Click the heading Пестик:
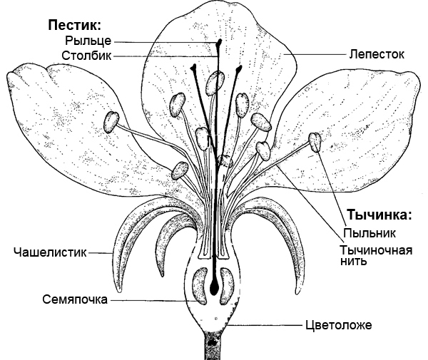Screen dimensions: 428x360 point(74,25)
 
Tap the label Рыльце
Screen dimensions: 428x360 point(88,41)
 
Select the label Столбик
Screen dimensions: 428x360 point(86,56)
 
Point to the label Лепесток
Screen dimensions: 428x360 point(377,54)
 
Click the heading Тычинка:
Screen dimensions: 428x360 point(379,215)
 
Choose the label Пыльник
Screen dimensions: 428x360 point(370,233)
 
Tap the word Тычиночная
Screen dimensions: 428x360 point(376,250)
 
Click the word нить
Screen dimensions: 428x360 point(354,261)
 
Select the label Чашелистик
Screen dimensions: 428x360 point(50,252)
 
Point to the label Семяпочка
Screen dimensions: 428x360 point(75,299)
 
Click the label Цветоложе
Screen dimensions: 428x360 point(338,325)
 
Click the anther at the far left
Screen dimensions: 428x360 point(111,122)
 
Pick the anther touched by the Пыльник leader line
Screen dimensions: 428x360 point(315,142)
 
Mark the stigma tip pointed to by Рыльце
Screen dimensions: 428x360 point(219,43)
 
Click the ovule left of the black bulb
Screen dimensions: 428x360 point(200,286)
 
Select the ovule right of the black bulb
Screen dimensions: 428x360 point(227,286)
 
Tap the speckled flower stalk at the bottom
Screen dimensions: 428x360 point(212,346)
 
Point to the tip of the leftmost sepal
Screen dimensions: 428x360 point(120,292)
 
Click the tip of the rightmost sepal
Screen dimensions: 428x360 point(298,292)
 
